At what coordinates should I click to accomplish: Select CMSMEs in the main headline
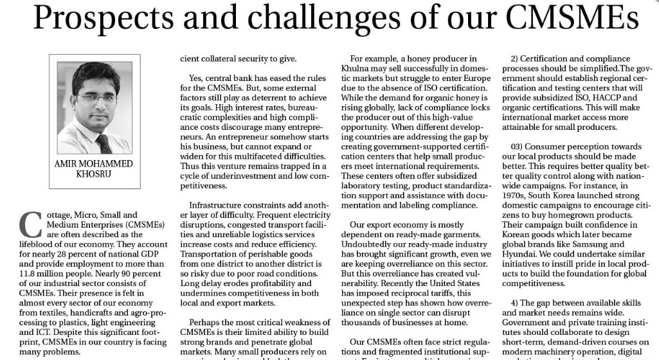[566, 19]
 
